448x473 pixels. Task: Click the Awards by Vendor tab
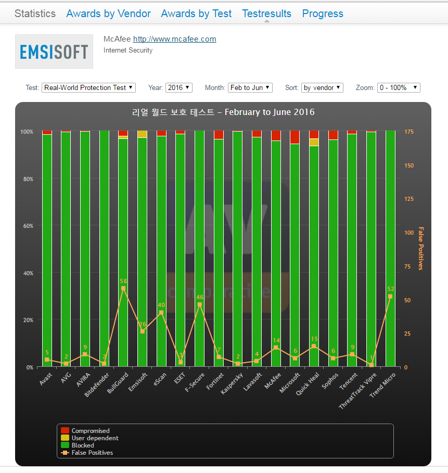pos(108,14)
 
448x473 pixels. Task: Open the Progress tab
pos(323,14)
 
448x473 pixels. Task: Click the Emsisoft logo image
pos(54,52)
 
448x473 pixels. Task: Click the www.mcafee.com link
pos(174,39)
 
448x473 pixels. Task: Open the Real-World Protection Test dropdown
pos(88,87)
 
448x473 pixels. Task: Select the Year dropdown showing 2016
pos(179,87)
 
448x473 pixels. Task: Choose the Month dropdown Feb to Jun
pos(250,87)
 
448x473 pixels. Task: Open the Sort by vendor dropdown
pos(322,87)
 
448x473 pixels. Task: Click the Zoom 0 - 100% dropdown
pos(399,87)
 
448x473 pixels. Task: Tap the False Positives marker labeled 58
pos(123,288)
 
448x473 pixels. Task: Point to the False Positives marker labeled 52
pos(390,297)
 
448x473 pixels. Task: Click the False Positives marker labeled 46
pos(199,304)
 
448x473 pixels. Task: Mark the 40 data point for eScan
pos(161,312)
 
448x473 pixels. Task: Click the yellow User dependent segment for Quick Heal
pos(314,142)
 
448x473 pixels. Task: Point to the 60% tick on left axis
pos(27,226)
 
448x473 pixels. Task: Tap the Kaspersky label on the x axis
pos(232,382)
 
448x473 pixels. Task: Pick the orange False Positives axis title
pos(421,249)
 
